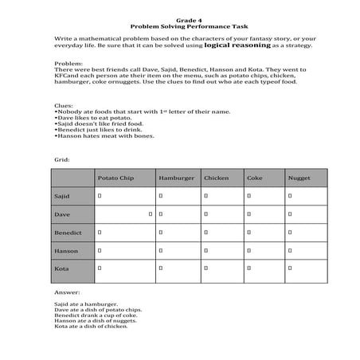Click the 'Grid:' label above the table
click(x=62, y=159)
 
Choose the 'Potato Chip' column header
click(x=114, y=178)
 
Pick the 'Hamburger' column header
click(x=176, y=178)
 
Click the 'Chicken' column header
click(x=216, y=178)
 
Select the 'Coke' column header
click(x=255, y=178)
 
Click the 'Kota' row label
click(x=61, y=269)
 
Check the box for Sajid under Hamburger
click(x=161, y=195)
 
